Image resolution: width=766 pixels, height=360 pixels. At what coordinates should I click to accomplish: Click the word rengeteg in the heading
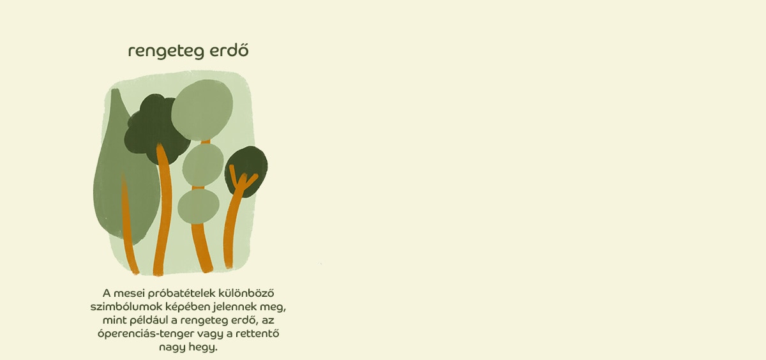coord(166,52)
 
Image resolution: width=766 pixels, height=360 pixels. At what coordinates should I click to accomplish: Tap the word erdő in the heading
coord(229,50)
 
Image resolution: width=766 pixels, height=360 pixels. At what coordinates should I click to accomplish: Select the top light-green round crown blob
coord(202,109)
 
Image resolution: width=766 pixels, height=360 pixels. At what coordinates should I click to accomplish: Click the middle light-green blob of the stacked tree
coord(203,165)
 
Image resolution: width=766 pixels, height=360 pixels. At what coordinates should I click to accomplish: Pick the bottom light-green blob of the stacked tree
coord(199,206)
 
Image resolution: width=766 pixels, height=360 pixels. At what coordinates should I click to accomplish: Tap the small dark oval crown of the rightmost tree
coord(246,171)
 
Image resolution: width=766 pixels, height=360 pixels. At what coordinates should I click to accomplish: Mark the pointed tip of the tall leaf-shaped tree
coord(115,90)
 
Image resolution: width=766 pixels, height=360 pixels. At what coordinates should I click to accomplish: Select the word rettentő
coord(256,333)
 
